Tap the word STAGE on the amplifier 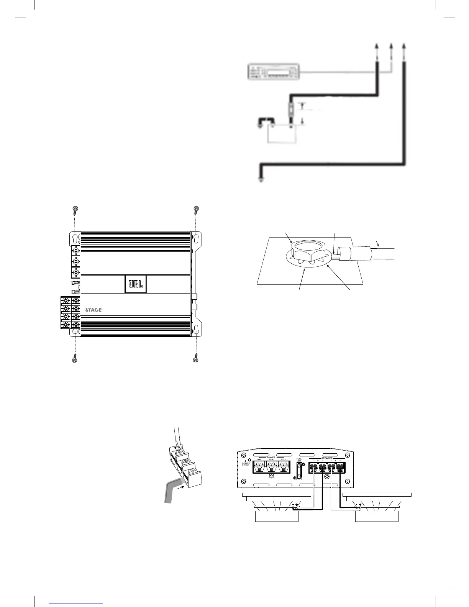pos(93,310)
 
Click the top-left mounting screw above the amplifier pos(75,209)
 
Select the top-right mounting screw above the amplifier pos(197,209)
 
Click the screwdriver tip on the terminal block pos(175,448)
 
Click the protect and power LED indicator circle pos(249,460)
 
